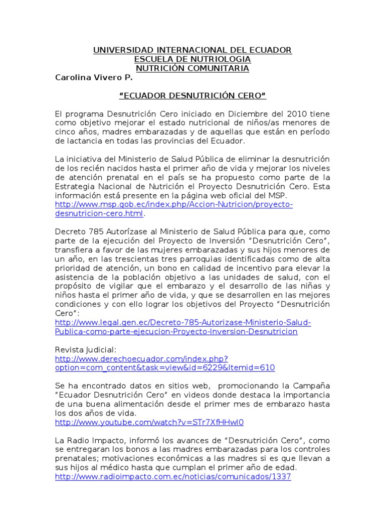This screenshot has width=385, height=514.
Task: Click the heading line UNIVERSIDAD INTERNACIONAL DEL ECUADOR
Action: [192, 50]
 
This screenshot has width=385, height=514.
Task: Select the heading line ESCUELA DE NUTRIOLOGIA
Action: [192, 59]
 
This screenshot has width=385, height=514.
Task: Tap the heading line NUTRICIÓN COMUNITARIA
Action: [192, 68]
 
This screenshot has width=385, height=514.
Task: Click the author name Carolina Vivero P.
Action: [94, 78]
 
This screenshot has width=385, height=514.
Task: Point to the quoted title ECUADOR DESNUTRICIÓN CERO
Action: [192, 95]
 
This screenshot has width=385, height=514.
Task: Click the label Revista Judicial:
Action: [86, 349]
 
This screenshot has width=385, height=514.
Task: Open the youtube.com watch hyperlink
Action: [149, 422]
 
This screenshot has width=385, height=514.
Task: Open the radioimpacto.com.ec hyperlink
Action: [172, 477]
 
